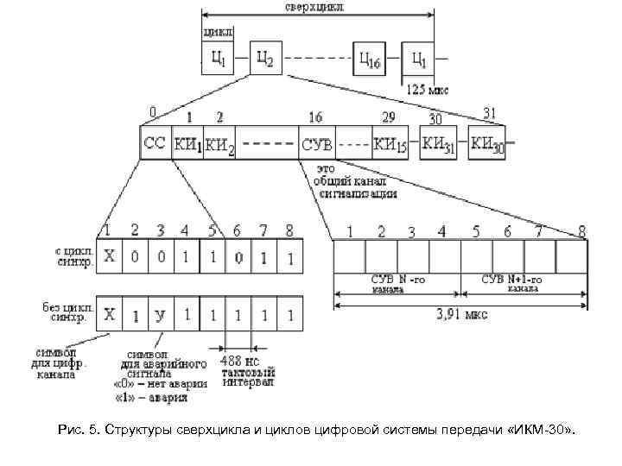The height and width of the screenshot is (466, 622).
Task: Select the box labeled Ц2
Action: [x=265, y=60]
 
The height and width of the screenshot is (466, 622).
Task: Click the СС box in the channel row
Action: [x=155, y=143]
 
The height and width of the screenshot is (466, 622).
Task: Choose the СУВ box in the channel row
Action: [x=316, y=143]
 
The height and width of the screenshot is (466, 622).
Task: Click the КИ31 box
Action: [x=441, y=143]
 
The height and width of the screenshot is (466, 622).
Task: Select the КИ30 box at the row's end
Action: [x=489, y=143]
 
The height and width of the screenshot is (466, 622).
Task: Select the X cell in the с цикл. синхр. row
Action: [x=110, y=258]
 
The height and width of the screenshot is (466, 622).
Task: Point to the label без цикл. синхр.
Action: [x=63, y=311]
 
